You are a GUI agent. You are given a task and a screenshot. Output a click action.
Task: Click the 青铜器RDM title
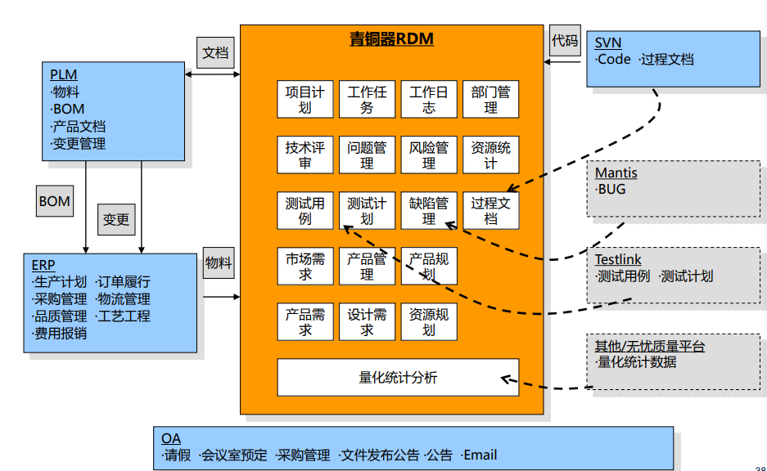click(391, 39)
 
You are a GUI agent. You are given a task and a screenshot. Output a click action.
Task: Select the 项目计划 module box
click(305, 99)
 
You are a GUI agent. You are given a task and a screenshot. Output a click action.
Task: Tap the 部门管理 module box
click(490, 99)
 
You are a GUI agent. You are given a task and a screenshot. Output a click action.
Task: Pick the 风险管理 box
click(429, 155)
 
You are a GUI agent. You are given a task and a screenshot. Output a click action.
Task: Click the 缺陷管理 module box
click(429, 209)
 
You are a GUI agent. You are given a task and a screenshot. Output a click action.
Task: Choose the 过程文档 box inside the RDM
click(490, 209)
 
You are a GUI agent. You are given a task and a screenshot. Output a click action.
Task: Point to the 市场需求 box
click(305, 266)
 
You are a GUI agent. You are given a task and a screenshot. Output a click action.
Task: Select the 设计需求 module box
click(367, 321)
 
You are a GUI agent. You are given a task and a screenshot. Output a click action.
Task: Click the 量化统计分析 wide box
click(398, 377)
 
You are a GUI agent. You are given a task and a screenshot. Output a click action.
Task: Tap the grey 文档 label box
click(215, 53)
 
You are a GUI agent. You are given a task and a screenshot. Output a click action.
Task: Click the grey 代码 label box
click(565, 40)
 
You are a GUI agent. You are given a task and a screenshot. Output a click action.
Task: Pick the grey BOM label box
click(55, 201)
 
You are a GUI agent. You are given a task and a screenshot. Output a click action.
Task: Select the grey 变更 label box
click(116, 219)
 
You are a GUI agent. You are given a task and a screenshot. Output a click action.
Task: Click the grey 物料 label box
click(219, 263)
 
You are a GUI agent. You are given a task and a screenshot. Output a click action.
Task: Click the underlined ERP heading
click(43, 265)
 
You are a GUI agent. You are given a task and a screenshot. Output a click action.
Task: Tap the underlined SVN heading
click(607, 43)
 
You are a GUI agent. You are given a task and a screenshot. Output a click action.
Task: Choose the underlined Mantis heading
click(616, 173)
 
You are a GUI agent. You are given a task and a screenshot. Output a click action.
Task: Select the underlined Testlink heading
click(618, 260)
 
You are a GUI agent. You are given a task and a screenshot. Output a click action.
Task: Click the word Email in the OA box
click(480, 455)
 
